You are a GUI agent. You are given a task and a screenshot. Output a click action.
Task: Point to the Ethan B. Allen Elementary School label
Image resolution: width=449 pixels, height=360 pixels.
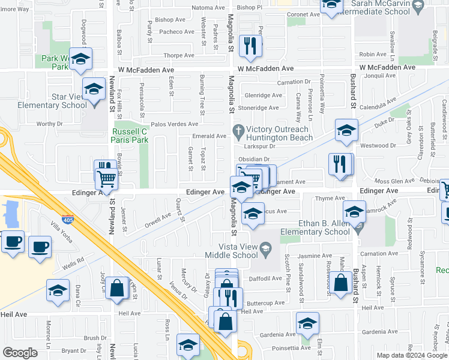point(315,227)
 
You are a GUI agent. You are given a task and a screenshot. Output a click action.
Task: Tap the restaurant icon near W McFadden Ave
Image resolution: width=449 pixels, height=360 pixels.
point(249,45)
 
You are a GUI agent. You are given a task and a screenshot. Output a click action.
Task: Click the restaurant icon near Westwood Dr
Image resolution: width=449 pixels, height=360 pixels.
point(340,163)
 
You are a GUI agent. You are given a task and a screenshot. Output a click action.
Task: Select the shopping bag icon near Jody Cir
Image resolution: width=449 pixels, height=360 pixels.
point(118,287)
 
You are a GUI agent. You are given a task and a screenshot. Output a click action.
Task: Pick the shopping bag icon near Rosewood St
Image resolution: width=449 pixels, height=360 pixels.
point(340,283)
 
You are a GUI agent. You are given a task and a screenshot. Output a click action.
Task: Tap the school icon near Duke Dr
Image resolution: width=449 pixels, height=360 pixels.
point(346,129)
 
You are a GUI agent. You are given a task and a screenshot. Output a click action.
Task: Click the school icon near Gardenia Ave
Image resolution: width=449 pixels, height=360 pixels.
point(307,323)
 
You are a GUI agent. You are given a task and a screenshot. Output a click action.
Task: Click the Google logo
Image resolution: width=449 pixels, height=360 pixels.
point(20,353)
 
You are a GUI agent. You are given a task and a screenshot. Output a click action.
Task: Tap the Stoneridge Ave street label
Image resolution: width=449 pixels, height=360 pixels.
point(259,108)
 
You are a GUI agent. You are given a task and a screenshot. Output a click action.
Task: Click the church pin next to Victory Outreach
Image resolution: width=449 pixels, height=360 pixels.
point(238,130)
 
